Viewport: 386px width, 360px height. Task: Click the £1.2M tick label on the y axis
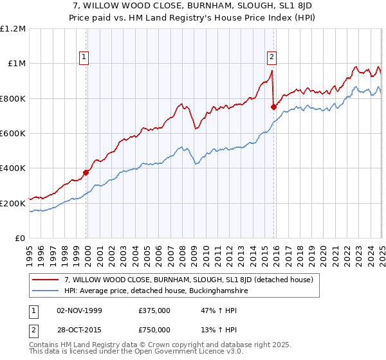(x=12, y=28)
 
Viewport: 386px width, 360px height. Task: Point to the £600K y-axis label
(x=12, y=134)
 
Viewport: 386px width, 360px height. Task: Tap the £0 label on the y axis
(x=19, y=239)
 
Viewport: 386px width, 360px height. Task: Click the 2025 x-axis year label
(x=381, y=251)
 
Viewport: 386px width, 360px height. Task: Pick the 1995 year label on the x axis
(x=29, y=251)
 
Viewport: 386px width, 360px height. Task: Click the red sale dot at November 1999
(x=86, y=172)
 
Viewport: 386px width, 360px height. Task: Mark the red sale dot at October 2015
(x=273, y=107)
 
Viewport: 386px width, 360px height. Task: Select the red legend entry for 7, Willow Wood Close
(x=188, y=280)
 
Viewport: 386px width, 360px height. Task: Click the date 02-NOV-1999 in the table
(x=79, y=310)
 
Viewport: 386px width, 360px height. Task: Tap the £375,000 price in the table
(x=154, y=310)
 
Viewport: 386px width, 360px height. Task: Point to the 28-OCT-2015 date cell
(x=79, y=330)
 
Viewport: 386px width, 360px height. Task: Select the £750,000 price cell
(x=154, y=330)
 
